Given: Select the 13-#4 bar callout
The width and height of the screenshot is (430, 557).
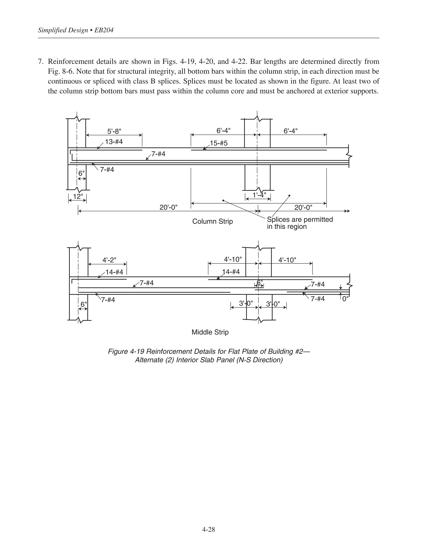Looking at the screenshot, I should pyautogui.click(x=114, y=142).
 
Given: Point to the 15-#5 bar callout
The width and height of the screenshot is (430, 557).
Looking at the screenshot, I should pyautogui.click(x=219, y=143).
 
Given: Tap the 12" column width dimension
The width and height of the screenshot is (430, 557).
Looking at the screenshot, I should pyautogui.click(x=78, y=196).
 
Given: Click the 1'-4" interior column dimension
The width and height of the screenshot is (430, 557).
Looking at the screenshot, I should pyautogui.click(x=259, y=195).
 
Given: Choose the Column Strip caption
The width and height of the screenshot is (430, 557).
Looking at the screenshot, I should pyautogui.click(x=212, y=221).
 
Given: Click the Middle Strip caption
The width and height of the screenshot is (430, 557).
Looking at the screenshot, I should pyautogui.click(x=210, y=332).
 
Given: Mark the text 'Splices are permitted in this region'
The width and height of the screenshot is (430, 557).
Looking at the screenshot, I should pyautogui.click(x=300, y=223).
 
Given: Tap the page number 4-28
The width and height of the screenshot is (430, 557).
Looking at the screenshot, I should pyautogui.click(x=208, y=529).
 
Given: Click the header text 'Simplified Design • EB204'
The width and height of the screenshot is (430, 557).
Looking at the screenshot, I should pyautogui.click(x=76, y=30).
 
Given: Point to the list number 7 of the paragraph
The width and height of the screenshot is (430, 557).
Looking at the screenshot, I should pyautogui.click(x=40, y=62).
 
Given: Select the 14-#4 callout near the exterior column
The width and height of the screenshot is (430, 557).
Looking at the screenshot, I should pyautogui.click(x=114, y=272).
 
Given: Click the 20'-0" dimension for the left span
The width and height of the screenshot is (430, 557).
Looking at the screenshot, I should pyautogui.click(x=168, y=207).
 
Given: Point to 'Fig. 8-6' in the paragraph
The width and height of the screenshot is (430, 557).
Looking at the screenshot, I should pyautogui.click(x=60, y=72).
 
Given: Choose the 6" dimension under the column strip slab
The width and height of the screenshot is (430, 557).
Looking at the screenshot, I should pyautogui.click(x=81, y=173).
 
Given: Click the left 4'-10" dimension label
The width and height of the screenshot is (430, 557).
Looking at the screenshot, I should pyautogui.click(x=233, y=259).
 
